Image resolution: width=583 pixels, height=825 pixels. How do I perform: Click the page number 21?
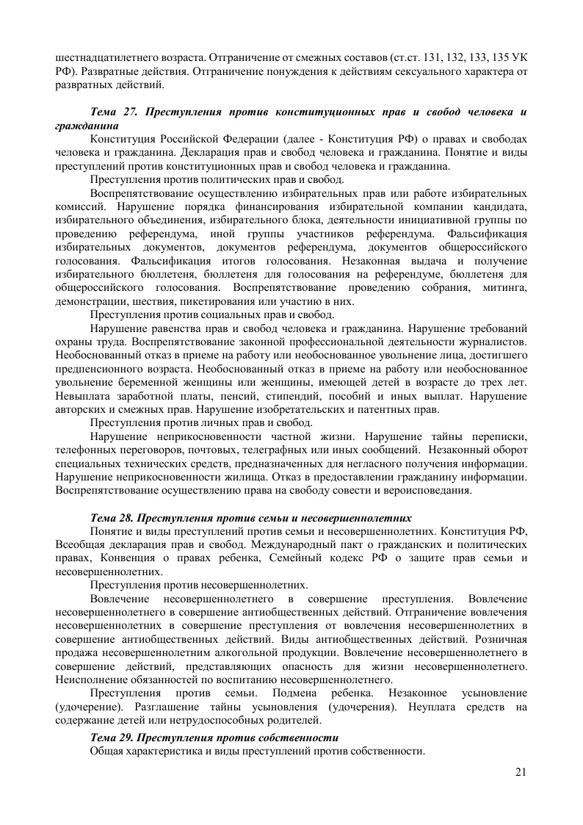coord(522,771)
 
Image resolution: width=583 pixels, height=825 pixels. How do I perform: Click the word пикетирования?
coord(209,300)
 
